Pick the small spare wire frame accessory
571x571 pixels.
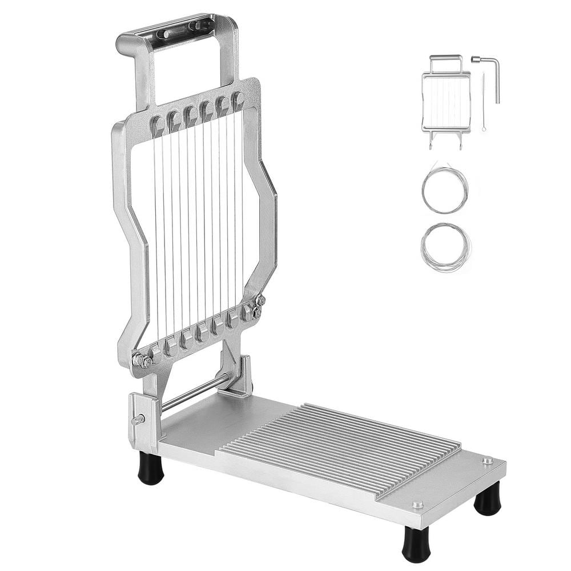[x=446, y=100]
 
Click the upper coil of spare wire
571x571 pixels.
[x=445, y=191]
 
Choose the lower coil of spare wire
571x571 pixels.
[x=446, y=247]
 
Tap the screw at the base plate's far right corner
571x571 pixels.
[x=487, y=460]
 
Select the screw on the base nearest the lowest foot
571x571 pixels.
[x=418, y=505]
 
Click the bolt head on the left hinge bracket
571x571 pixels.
[x=138, y=420]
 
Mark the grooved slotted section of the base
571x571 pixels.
[x=343, y=445]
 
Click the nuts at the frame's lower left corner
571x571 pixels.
[x=142, y=361]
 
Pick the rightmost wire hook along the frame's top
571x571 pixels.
[x=238, y=102]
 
